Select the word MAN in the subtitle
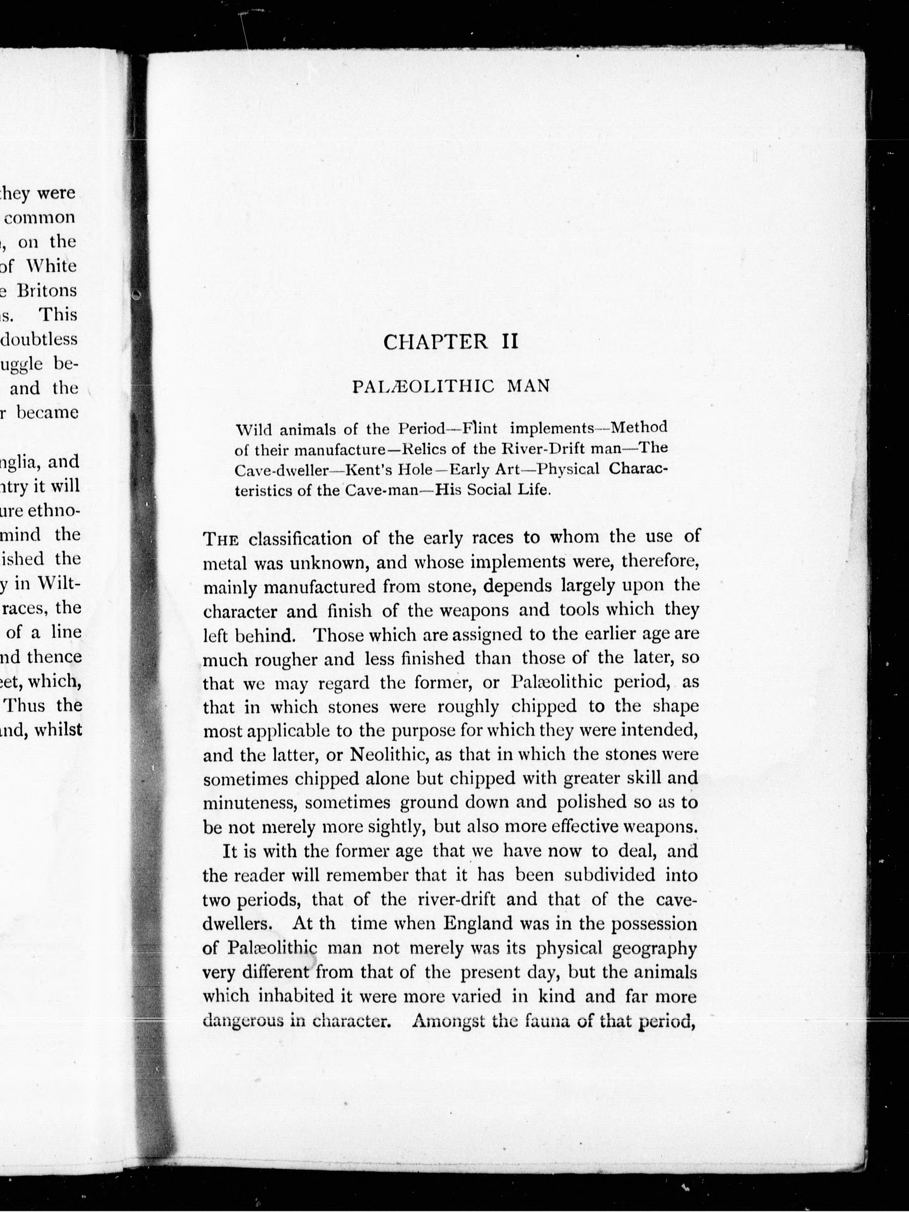pos(529,387)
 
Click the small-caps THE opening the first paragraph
pos(221,540)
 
